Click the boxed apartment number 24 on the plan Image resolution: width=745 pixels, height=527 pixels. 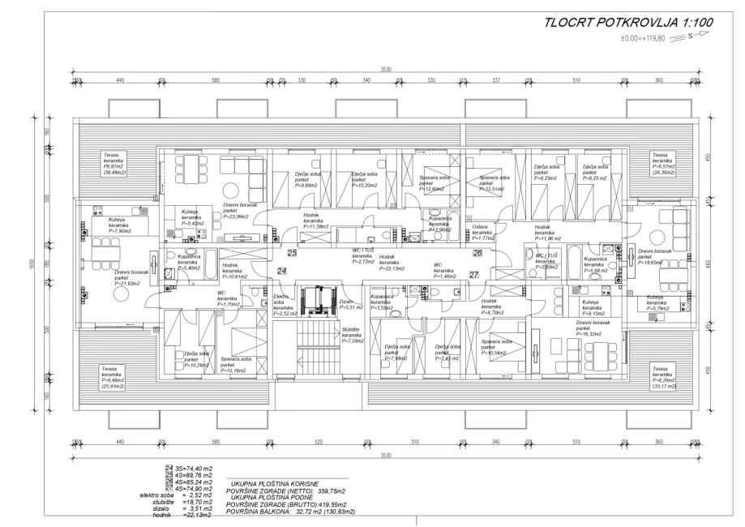coord(282,270)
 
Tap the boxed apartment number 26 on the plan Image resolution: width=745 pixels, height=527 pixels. coord(477,254)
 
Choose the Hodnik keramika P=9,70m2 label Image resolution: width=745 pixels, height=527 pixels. coord(493,306)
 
